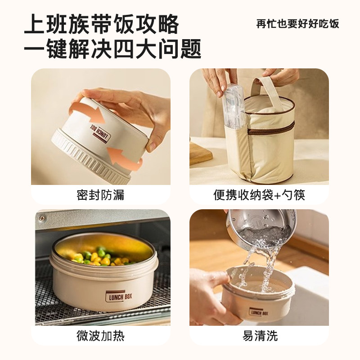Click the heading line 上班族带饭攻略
click(x=101, y=24)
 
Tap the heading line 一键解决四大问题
click(x=112, y=49)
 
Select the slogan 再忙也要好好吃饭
click(x=297, y=24)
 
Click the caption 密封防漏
click(x=100, y=195)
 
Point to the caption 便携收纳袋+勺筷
click(x=259, y=195)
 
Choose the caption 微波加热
click(x=100, y=336)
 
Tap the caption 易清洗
click(x=260, y=336)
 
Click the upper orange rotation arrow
click(x=87, y=114)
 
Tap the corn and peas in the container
click(x=101, y=256)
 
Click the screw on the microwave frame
click(x=41, y=217)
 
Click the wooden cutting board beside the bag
click(x=200, y=153)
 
